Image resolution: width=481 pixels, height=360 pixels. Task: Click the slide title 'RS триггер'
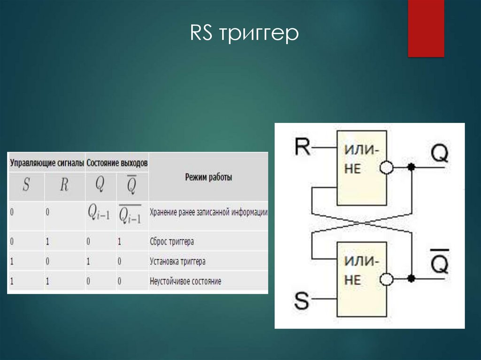pyautogui.click(x=244, y=33)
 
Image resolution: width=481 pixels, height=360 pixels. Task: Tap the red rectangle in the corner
pyautogui.click(x=426, y=28)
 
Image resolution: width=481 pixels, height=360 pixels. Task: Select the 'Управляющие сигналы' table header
pyautogui.click(x=47, y=163)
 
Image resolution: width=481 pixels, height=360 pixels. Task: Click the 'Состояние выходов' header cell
pyautogui.click(x=117, y=163)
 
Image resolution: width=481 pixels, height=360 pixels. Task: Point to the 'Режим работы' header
pyautogui.click(x=208, y=177)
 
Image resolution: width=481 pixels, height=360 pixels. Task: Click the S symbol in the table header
pyautogui.click(x=26, y=184)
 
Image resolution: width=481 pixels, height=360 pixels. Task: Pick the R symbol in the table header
pyautogui.click(x=64, y=184)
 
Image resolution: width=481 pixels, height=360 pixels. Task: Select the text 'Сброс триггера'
pyautogui.click(x=172, y=241)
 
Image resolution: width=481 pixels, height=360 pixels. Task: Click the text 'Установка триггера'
pyautogui.click(x=178, y=261)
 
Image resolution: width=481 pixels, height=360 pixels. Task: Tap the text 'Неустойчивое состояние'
pyautogui.click(x=185, y=281)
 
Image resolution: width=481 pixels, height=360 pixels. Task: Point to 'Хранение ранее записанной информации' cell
pyautogui.click(x=209, y=212)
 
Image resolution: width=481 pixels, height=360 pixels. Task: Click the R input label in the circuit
pyautogui.click(x=302, y=147)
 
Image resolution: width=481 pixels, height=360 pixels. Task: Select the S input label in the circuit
pyautogui.click(x=301, y=300)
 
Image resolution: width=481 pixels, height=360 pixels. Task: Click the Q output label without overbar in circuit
pyautogui.click(x=440, y=153)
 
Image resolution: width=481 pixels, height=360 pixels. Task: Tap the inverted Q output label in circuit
pyautogui.click(x=440, y=261)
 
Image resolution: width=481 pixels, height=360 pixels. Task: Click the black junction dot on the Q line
pyautogui.click(x=411, y=167)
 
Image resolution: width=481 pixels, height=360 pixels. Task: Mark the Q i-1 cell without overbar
pyautogui.click(x=99, y=212)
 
